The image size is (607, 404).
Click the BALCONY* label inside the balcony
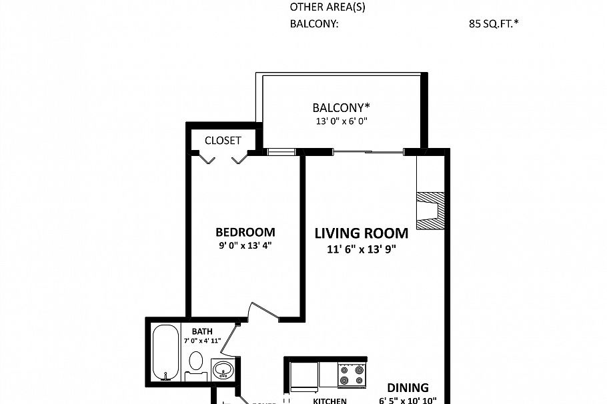tap(341, 107)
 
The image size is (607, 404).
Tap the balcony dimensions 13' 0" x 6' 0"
tap(342, 121)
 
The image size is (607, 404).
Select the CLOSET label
tap(222, 141)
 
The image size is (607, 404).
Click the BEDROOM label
tap(245, 232)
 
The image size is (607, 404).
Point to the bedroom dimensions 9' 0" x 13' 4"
tap(245, 245)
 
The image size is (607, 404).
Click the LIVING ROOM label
tap(361, 233)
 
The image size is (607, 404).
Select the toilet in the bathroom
tap(195, 364)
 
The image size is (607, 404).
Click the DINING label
tap(408, 387)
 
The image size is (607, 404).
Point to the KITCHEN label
tap(330, 401)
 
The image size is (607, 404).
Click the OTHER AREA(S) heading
tap(328, 8)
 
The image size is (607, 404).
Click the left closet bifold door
tap(207, 159)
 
